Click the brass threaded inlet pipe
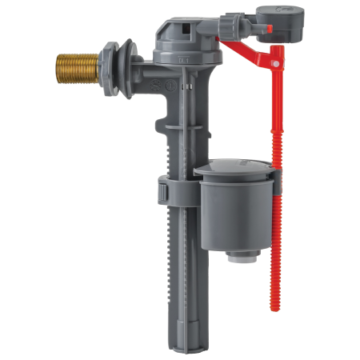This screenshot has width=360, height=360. tap(78, 62)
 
